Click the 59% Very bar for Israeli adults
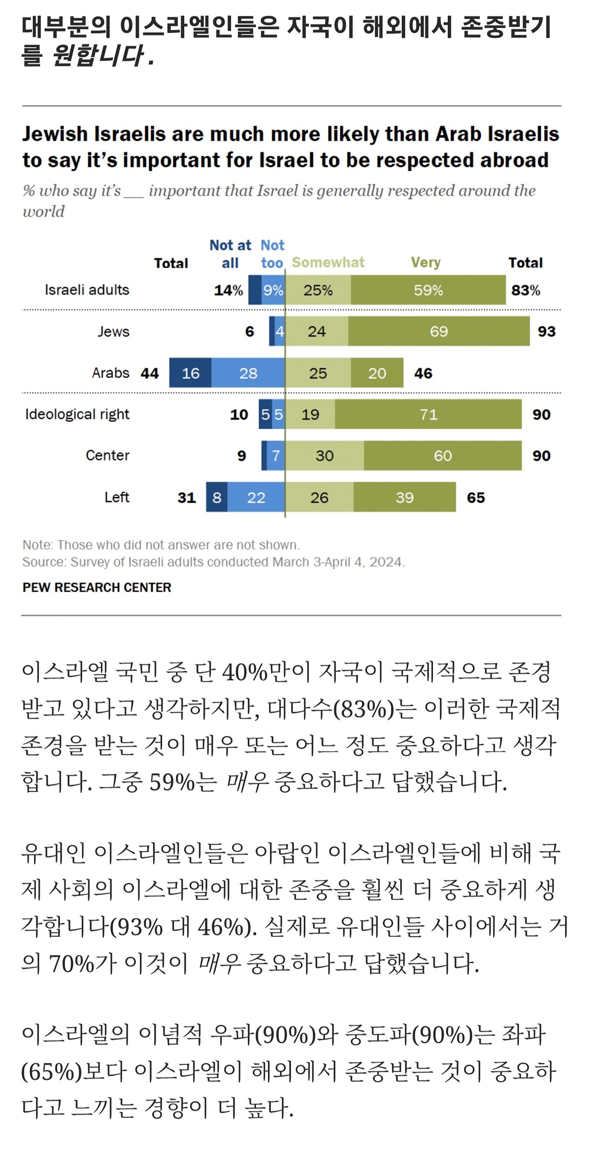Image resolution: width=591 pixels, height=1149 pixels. point(428,290)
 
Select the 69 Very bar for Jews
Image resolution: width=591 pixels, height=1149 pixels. point(438,331)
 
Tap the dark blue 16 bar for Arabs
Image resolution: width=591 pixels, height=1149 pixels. point(191,373)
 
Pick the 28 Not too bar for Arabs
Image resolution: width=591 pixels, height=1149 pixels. point(248,373)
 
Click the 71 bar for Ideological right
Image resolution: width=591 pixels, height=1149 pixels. point(428,415)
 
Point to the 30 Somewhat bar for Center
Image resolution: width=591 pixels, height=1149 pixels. point(325,456)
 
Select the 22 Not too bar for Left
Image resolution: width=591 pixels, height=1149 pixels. point(256,498)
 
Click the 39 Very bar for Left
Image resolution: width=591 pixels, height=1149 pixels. point(404,498)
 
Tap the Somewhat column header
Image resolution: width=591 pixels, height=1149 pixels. point(328,262)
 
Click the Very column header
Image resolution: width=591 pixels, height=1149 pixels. point(426,262)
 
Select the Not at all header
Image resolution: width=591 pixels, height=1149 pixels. point(230,254)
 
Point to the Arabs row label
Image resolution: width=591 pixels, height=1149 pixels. point(110,373)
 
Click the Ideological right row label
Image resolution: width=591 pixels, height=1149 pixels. point(77,415)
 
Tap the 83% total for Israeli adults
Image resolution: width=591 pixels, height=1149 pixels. point(525,290)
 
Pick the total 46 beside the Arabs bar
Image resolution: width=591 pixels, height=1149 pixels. point(423,373)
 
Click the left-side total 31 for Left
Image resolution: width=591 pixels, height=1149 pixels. point(187,498)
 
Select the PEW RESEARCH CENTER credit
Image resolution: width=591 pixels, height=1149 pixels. point(97,587)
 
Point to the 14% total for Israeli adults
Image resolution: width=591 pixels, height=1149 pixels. point(229,290)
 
